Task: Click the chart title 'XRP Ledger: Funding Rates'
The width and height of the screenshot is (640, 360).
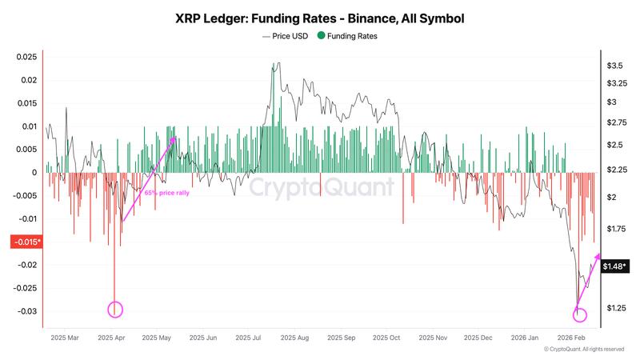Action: [x=319, y=17]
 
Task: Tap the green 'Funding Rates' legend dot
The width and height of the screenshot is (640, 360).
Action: [x=321, y=36]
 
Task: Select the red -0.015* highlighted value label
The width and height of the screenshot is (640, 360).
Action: [x=26, y=242]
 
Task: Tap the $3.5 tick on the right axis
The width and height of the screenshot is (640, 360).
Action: [x=616, y=65]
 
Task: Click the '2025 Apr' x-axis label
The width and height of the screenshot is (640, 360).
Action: [x=112, y=338]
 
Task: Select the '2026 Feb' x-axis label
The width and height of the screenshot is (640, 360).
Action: [x=573, y=338]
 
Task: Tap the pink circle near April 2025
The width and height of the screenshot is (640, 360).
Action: [x=115, y=310]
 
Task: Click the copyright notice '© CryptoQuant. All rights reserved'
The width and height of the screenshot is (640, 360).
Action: [x=583, y=350]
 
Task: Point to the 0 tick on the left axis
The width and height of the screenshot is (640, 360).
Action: [x=35, y=172]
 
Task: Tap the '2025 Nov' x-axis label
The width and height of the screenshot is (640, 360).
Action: [x=434, y=338]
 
